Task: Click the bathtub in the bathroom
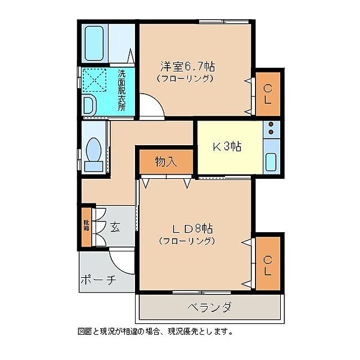click(94, 43)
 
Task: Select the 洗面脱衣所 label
click(122, 90)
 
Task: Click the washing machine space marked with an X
click(94, 80)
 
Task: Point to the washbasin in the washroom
click(89, 106)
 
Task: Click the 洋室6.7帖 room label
click(188, 67)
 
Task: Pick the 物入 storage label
click(166, 161)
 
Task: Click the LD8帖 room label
click(193, 229)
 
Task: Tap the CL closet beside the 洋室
click(268, 94)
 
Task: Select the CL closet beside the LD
click(268, 263)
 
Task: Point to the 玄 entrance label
click(115, 227)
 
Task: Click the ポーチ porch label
click(98, 280)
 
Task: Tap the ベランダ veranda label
click(209, 307)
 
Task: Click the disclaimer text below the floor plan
click(155, 332)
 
